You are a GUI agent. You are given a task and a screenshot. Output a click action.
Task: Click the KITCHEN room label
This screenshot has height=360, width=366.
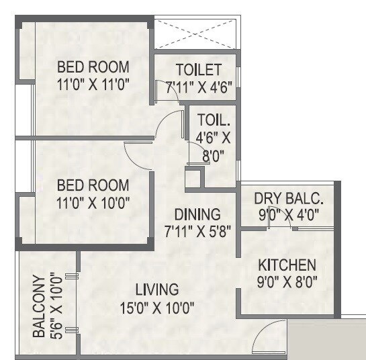[x=290, y=264]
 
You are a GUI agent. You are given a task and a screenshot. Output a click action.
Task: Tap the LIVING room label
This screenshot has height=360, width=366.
[x=157, y=290]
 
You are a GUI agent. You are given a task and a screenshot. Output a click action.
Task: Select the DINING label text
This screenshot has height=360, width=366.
[x=197, y=215]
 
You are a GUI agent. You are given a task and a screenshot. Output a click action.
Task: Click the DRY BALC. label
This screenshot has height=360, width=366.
[x=289, y=199]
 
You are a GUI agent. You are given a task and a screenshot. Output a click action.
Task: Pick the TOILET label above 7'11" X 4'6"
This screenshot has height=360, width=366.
[x=199, y=70]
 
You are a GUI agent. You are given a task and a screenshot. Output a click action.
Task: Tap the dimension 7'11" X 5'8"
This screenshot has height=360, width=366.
[x=197, y=232]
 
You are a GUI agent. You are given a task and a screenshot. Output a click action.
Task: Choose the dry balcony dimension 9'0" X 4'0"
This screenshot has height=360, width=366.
[x=289, y=216]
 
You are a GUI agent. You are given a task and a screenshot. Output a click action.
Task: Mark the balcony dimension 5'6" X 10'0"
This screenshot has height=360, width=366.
[x=56, y=306]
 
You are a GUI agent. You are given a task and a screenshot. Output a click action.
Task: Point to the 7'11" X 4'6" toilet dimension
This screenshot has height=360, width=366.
[x=199, y=87]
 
